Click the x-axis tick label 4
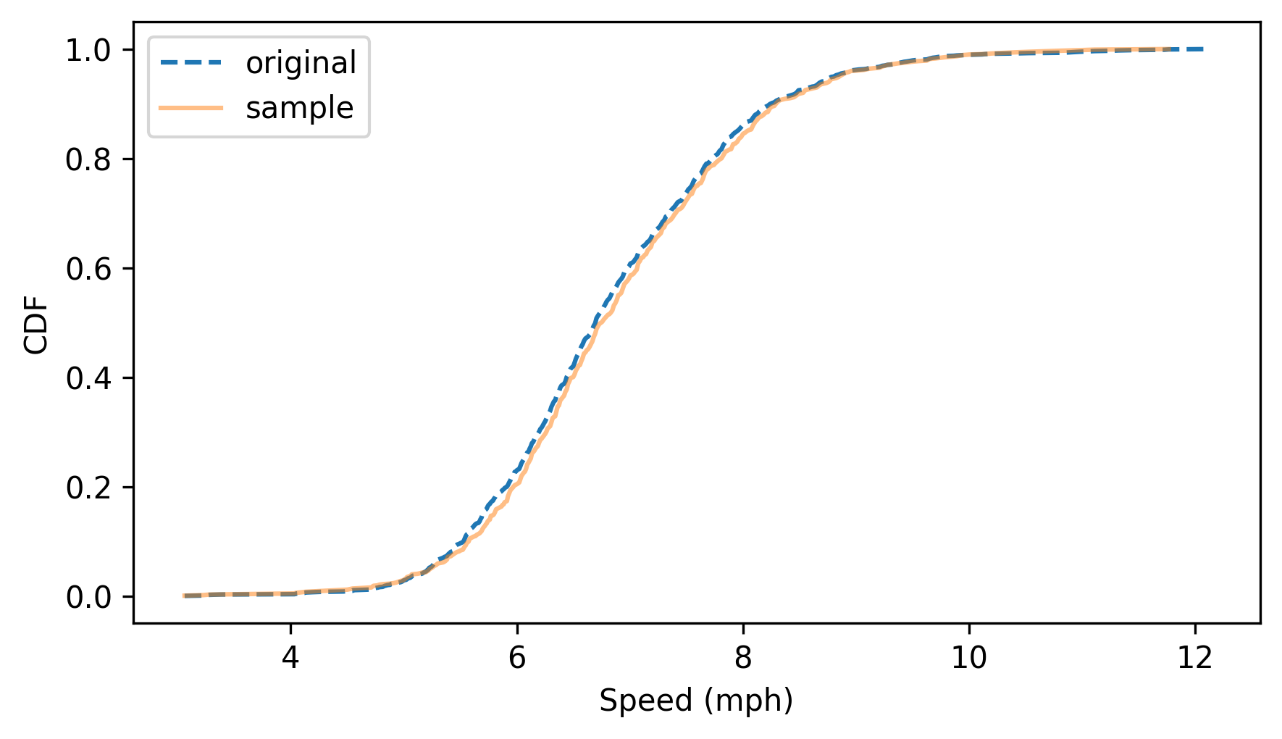tap(290, 658)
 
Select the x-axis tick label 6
tap(516, 658)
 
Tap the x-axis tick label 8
tap(742, 658)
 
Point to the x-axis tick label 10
tap(968, 658)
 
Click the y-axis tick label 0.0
tap(88, 598)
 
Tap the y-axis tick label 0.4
tap(88, 379)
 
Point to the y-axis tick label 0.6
tap(88, 270)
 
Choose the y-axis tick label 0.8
tap(88, 160)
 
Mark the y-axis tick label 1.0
tap(88, 51)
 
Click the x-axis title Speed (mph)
tap(696, 701)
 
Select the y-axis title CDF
tap(36, 323)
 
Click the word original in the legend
tap(301, 64)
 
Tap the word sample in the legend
tap(299, 109)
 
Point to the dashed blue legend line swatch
tap(191, 63)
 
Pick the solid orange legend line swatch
tap(191, 108)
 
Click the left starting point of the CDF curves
tap(184, 596)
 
